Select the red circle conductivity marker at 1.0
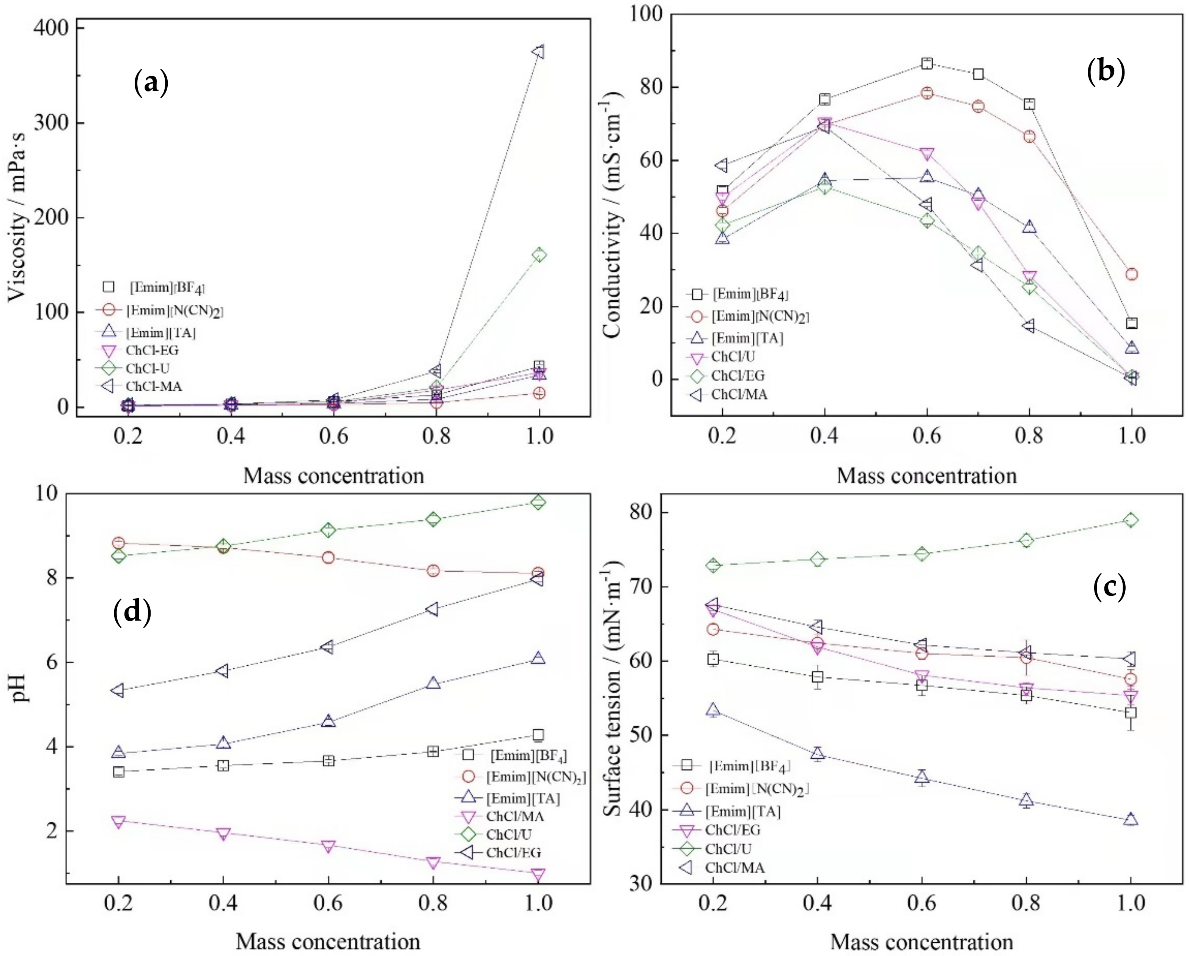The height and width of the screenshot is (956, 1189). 1131,274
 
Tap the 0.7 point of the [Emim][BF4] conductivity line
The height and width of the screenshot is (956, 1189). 978,74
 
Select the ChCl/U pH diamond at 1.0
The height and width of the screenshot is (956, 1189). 538,502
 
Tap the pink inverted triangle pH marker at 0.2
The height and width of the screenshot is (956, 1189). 118,821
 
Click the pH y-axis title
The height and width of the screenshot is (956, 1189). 21,690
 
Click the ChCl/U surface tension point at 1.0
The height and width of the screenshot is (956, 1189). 1131,520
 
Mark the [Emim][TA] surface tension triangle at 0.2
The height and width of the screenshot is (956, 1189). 713,710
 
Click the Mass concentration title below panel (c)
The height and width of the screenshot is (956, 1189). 922,942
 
